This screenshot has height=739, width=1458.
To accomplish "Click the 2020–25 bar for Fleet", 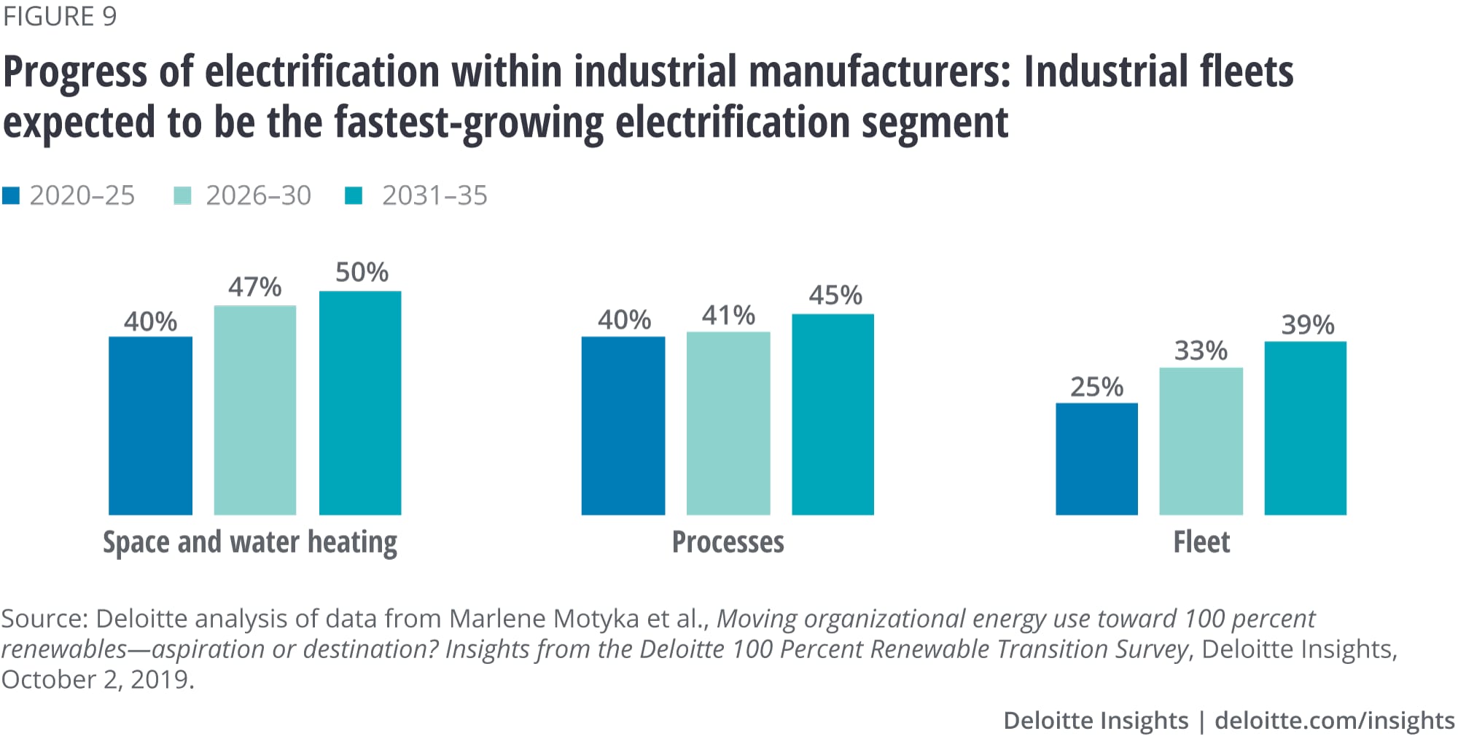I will pyautogui.click(x=1096, y=459).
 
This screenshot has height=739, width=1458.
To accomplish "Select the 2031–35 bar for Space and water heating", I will pyautogui.click(x=360, y=403).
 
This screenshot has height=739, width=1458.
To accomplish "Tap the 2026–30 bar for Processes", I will pyautogui.click(x=728, y=423).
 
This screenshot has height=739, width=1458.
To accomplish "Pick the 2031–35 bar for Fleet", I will pyautogui.click(x=1305, y=428).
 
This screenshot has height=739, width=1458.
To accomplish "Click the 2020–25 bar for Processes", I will pyautogui.click(x=623, y=426).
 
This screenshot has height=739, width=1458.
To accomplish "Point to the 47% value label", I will pyautogui.click(x=254, y=287).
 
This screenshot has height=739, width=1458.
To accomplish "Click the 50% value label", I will pyautogui.click(x=362, y=273).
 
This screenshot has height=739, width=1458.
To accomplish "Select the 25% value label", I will pyautogui.click(x=1096, y=387).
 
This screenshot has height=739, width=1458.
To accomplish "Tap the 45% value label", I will pyautogui.click(x=835, y=295).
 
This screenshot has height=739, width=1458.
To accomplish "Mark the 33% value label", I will pyautogui.click(x=1201, y=351).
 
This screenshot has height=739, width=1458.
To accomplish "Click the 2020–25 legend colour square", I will pyautogui.click(x=11, y=195).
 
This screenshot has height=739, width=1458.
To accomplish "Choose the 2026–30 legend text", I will pyautogui.click(x=258, y=195).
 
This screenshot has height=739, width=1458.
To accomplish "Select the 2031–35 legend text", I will pyautogui.click(x=434, y=195).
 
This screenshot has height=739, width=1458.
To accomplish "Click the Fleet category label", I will pyautogui.click(x=1201, y=542).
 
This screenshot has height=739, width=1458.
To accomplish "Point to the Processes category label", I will pyautogui.click(x=728, y=542).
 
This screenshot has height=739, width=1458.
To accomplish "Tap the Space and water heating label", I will pyautogui.click(x=250, y=543).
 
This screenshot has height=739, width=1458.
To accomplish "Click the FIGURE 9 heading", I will pyautogui.click(x=60, y=16).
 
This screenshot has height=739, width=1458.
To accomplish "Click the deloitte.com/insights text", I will pyautogui.click(x=1334, y=720).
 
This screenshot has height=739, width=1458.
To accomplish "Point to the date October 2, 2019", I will pyautogui.click(x=97, y=679).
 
